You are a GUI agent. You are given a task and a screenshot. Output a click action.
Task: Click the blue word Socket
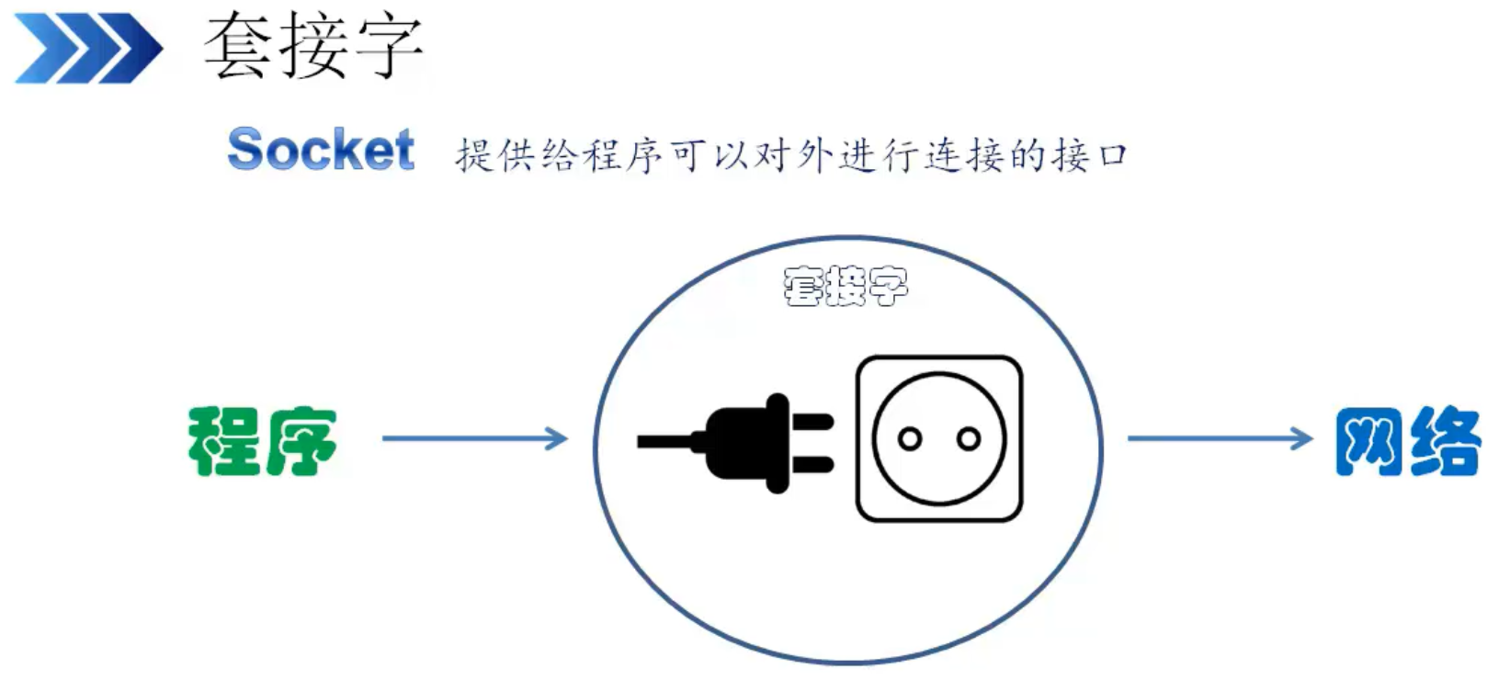coord(321,150)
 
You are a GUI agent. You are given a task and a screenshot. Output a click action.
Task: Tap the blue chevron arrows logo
coord(88,48)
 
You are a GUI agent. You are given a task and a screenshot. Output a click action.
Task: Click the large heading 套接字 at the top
coord(313,46)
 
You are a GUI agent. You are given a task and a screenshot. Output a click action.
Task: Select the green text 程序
coord(262,441)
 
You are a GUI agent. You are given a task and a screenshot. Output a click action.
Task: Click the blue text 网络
coord(1407,441)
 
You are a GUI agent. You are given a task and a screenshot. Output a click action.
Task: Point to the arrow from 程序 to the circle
coord(474,438)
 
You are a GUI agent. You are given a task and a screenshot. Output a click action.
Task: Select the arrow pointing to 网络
coord(1220,438)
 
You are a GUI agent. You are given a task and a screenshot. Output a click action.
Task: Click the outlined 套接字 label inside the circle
coord(846,286)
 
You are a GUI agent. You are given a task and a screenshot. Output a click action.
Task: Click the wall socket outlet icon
coord(938,439)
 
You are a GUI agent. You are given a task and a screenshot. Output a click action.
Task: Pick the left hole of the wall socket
coord(910,439)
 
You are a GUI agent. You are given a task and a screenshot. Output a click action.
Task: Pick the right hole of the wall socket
coord(968,439)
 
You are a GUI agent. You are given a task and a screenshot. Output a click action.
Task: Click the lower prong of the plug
coord(812,462)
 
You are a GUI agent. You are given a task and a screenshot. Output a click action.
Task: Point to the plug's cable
coord(666,442)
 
